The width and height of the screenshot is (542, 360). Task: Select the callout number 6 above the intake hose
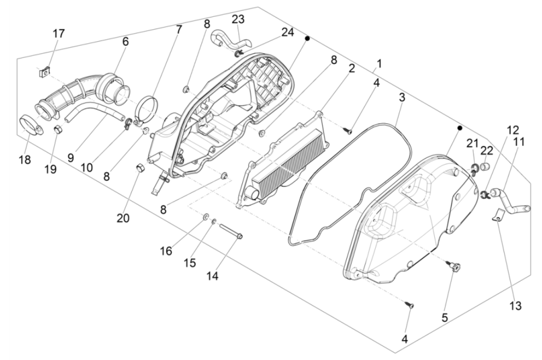(x=125, y=42)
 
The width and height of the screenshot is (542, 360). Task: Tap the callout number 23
(x=238, y=20)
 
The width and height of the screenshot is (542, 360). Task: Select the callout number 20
(x=123, y=217)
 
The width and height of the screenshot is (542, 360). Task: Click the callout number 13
(x=515, y=306)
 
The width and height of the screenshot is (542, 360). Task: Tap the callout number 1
(x=379, y=64)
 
